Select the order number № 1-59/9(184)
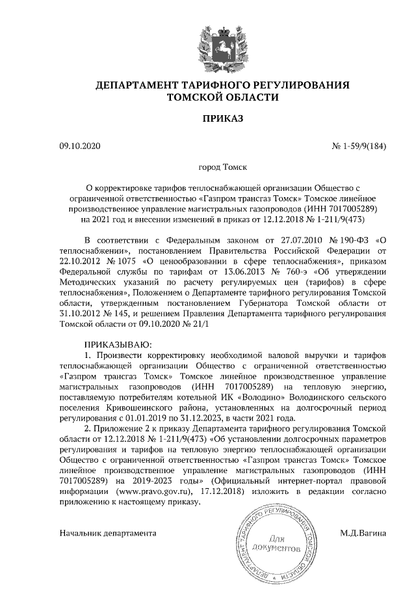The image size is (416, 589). click(x=359, y=146)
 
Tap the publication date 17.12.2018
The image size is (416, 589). click(x=222, y=493)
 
